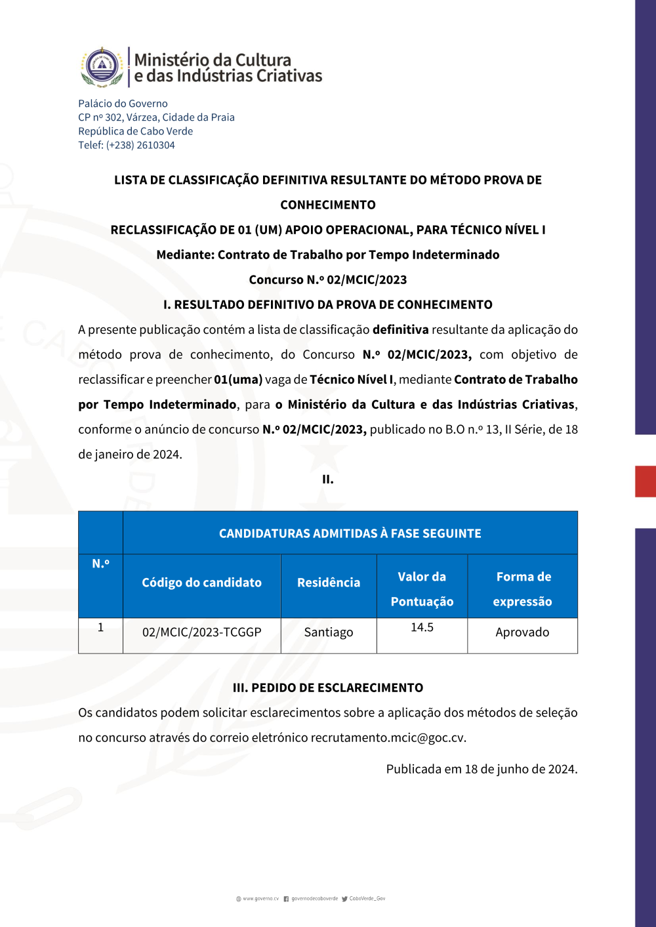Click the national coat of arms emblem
[102, 67]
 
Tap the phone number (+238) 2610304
[140, 145]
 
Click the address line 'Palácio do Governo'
[123, 104]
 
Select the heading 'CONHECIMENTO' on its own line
[328, 205]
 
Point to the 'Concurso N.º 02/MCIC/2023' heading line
[328, 279]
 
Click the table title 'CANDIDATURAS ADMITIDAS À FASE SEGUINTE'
[350, 533]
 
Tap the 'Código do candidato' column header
[201, 583]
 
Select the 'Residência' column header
[329, 583]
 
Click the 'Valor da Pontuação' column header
[422, 588]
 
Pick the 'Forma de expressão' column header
[523, 588]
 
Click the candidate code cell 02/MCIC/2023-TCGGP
[201, 632]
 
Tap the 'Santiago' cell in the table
[329, 632]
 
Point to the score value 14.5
[422, 628]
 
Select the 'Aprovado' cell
[522, 632]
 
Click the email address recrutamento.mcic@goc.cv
[388, 738]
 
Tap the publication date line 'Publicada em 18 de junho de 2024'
[482, 769]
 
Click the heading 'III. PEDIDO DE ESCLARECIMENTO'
[328, 688]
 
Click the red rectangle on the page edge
[646, 481]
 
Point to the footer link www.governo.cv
[260, 899]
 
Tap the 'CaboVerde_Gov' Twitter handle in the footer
[367, 899]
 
